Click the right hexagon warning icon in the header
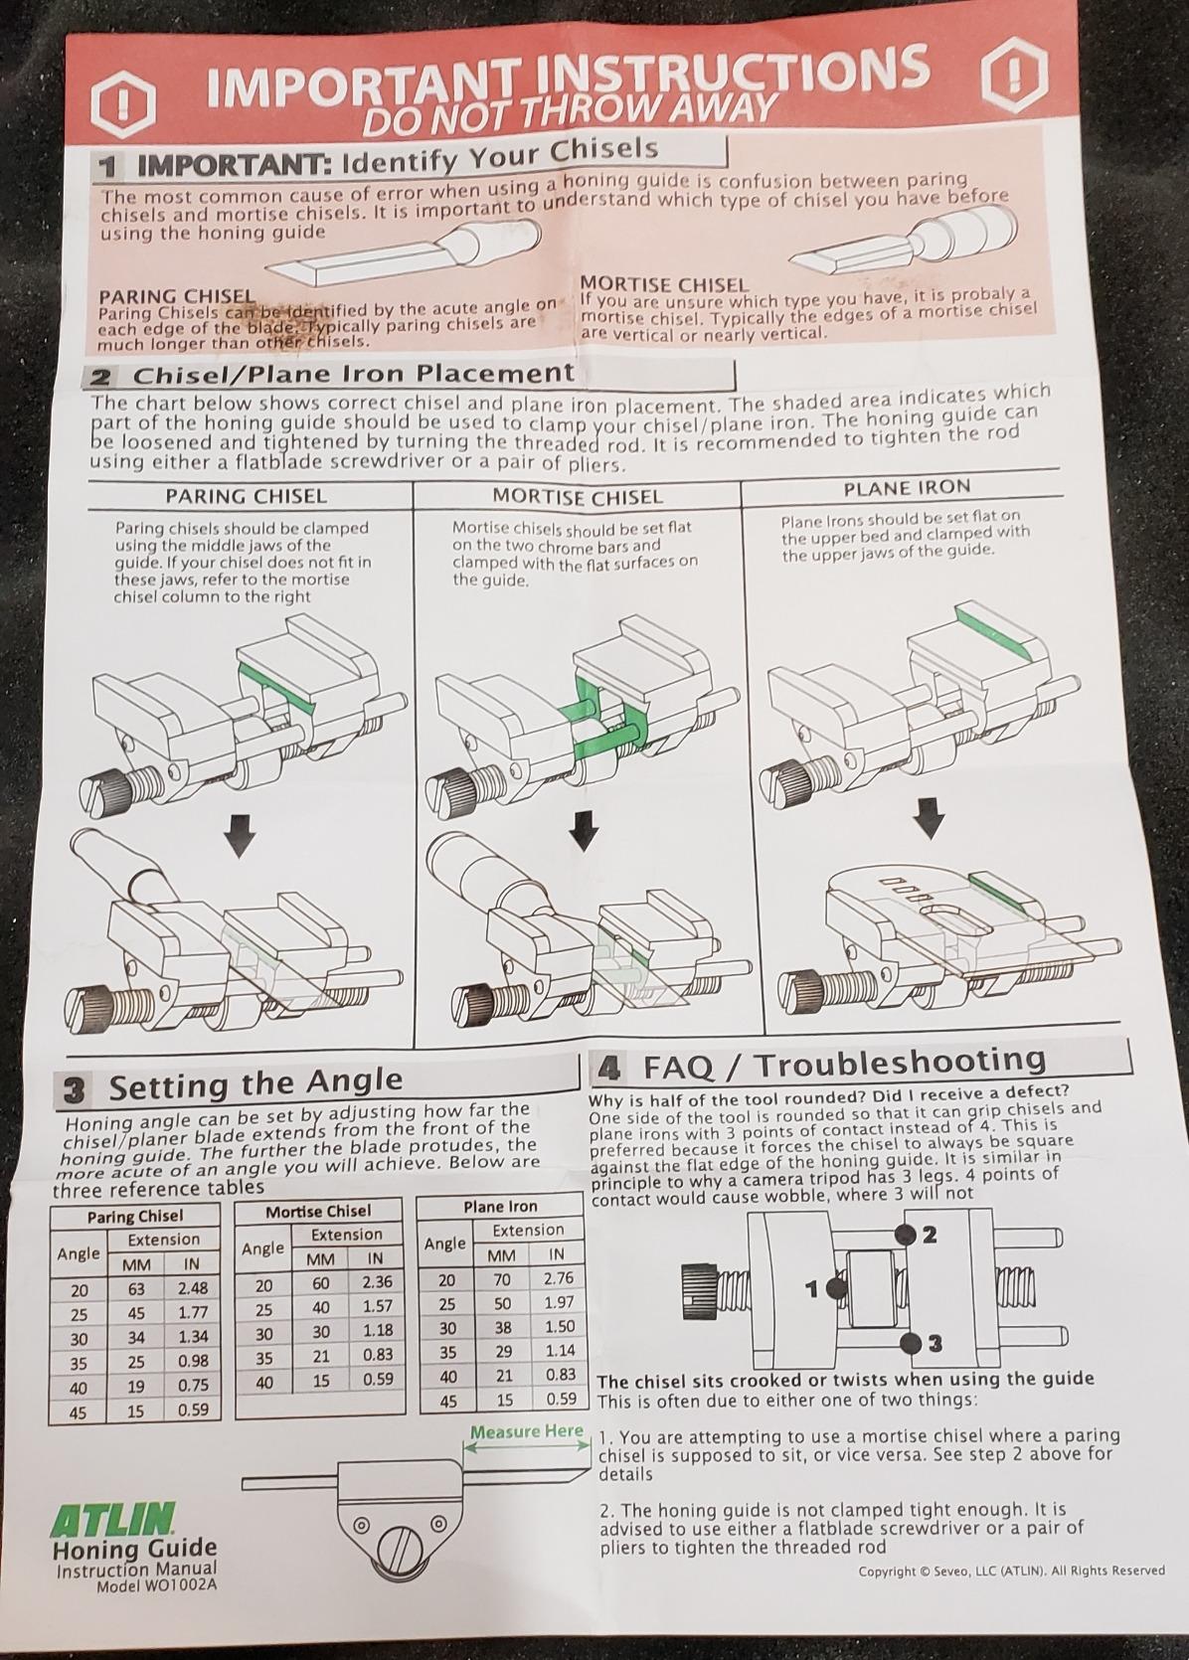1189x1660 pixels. point(1013,75)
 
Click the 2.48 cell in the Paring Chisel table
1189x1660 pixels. point(192,1289)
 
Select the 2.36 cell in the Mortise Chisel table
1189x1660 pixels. point(377,1282)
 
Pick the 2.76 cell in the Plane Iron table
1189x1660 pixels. point(560,1278)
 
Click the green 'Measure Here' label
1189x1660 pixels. point(526,1431)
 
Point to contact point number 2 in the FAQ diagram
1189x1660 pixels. point(907,1235)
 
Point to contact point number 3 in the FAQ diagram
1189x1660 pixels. point(910,1344)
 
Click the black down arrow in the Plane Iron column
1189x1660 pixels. point(930,818)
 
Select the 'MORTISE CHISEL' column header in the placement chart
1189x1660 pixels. point(577,496)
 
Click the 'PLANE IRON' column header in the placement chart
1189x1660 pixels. point(892,488)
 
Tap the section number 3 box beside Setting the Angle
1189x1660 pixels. point(74,1090)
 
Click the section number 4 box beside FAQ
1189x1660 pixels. point(607,1070)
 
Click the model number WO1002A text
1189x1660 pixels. point(156,1586)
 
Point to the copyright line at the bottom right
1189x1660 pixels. point(1011,1571)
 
